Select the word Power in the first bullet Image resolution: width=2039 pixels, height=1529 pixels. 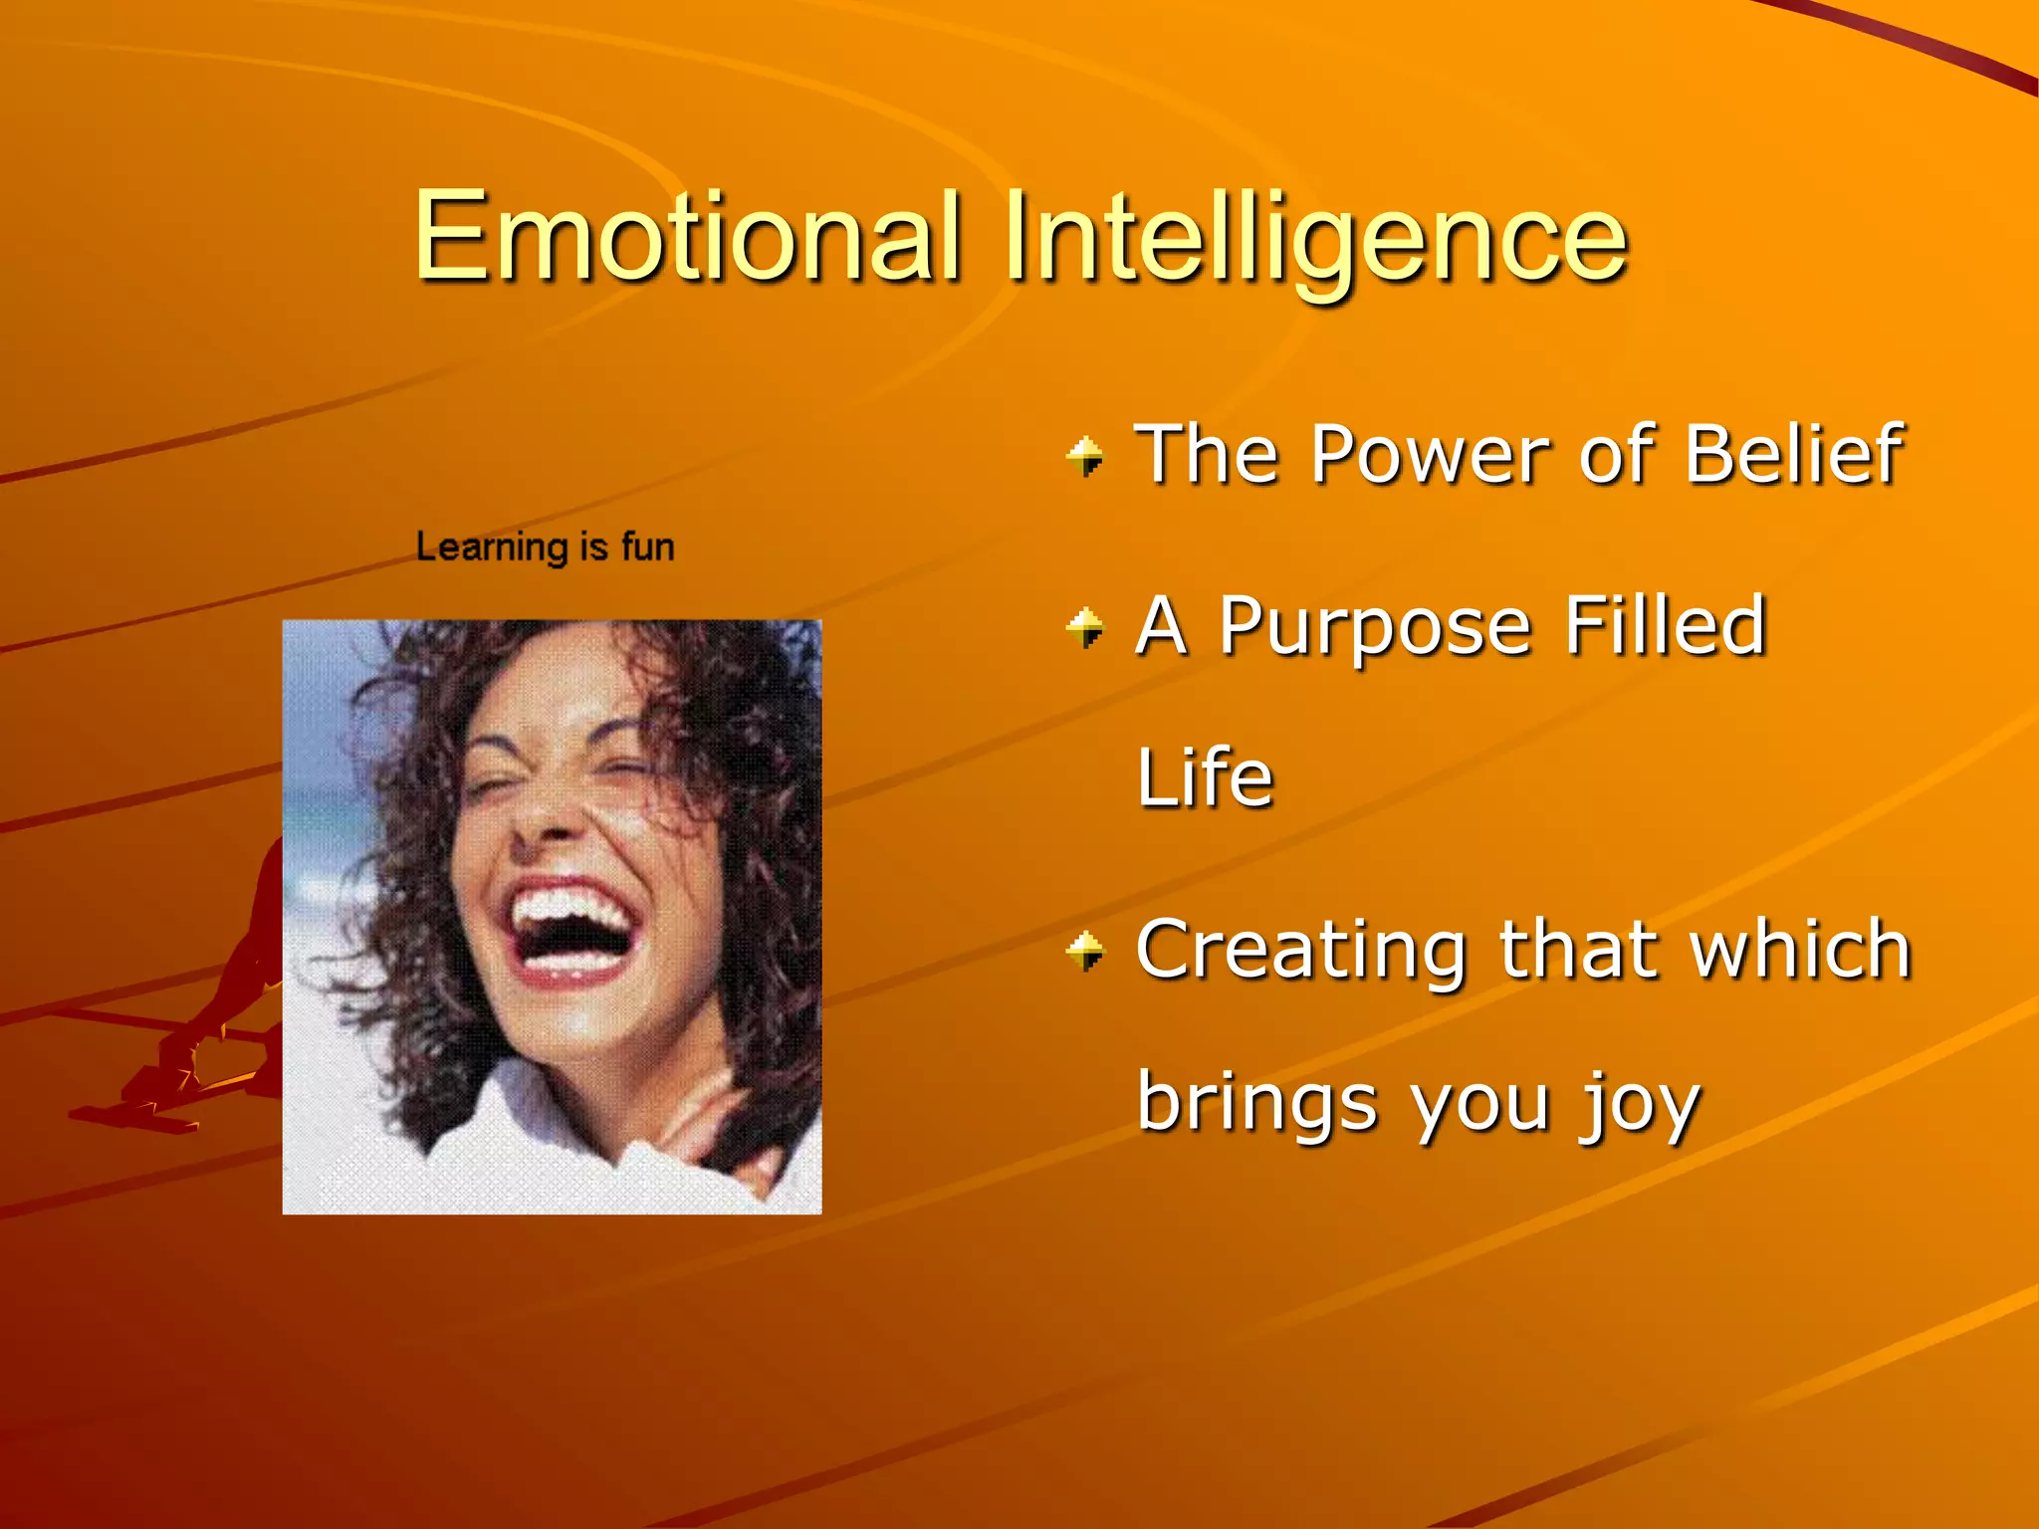coord(1429,454)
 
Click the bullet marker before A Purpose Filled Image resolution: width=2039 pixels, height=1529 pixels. coord(1085,628)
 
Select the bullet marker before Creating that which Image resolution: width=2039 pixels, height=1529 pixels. coord(1085,951)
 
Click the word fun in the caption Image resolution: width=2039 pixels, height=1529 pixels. coord(647,547)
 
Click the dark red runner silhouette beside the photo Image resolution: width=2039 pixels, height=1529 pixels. coord(229,1005)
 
